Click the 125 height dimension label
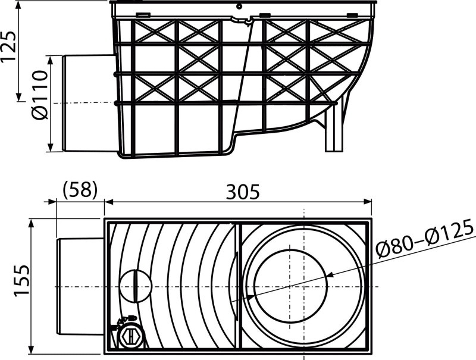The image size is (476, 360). [x=8, y=46]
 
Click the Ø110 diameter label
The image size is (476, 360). [x=40, y=95]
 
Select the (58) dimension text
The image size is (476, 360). [x=80, y=190]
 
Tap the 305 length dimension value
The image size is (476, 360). [x=243, y=192]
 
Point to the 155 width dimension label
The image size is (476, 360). [x=22, y=280]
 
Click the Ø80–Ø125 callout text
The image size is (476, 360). [x=425, y=239]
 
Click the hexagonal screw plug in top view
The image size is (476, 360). [x=130, y=336]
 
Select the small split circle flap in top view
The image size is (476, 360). [x=136, y=286]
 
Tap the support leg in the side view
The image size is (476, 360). [x=334, y=127]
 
